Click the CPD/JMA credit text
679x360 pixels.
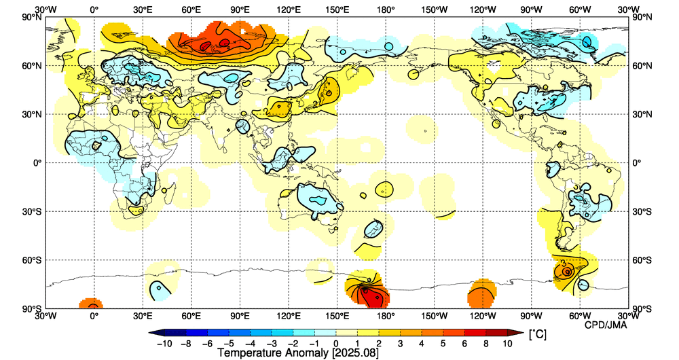(606, 325)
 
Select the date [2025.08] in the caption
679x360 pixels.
(351, 353)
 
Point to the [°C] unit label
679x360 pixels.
(538, 335)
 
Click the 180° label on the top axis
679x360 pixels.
(386, 10)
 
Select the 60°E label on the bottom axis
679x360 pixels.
(191, 317)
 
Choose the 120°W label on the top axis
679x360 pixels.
(483, 10)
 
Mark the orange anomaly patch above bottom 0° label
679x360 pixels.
(90, 304)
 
